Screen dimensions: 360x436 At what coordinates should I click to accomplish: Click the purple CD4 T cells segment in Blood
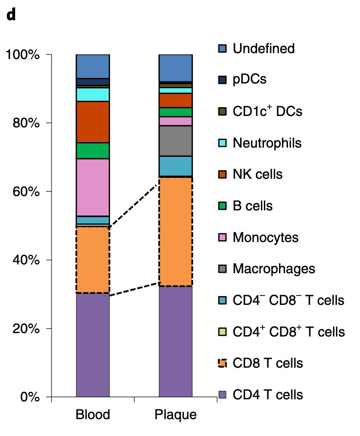(x=93, y=345)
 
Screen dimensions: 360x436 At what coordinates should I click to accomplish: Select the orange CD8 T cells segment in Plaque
(x=176, y=231)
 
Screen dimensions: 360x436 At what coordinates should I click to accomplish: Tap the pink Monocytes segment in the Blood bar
(x=93, y=187)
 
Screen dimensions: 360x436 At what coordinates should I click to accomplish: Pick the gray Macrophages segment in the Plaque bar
(x=176, y=141)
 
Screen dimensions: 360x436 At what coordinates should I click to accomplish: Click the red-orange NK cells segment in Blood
(x=93, y=122)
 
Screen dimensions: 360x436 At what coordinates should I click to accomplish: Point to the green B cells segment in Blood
(x=93, y=151)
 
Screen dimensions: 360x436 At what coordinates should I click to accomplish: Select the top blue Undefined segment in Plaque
(x=176, y=68)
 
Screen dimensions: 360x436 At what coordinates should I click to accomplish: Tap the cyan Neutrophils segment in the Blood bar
(x=93, y=94)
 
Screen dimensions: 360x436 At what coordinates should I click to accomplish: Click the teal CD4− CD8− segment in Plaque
(x=176, y=166)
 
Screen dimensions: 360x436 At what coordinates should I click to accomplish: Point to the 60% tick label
(x=26, y=191)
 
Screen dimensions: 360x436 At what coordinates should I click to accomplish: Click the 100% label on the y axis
(x=23, y=54)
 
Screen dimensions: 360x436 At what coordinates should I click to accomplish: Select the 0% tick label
(x=30, y=397)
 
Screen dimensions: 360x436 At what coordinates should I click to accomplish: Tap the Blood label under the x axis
(x=93, y=414)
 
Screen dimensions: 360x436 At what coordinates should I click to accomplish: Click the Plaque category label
(x=176, y=415)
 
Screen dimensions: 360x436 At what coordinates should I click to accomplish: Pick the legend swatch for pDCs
(x=223, y=80)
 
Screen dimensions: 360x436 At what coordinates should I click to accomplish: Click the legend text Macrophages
(x=274, y=269)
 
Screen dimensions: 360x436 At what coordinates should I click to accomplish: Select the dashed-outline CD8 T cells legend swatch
(x=223, y=363)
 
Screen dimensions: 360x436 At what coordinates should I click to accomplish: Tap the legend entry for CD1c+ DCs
(x=261, y=111)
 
